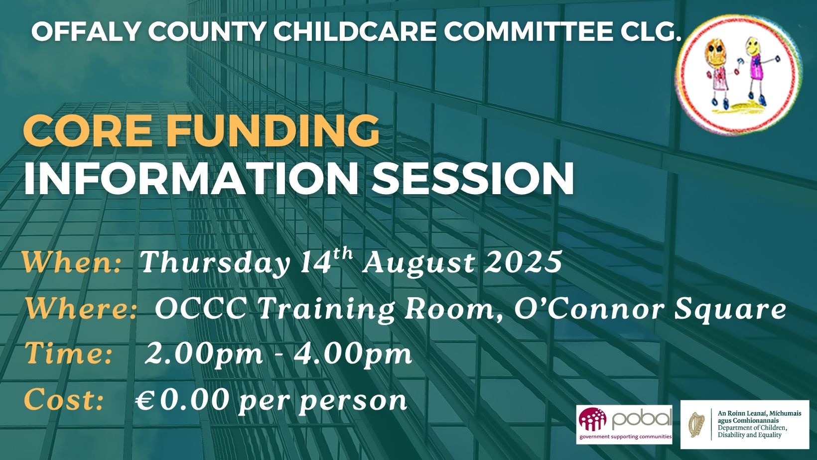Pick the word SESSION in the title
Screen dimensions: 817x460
(472, 179)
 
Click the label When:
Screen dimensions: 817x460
(72, 262)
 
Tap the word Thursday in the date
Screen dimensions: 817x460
(214, 263)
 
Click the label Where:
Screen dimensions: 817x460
(80, 310)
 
